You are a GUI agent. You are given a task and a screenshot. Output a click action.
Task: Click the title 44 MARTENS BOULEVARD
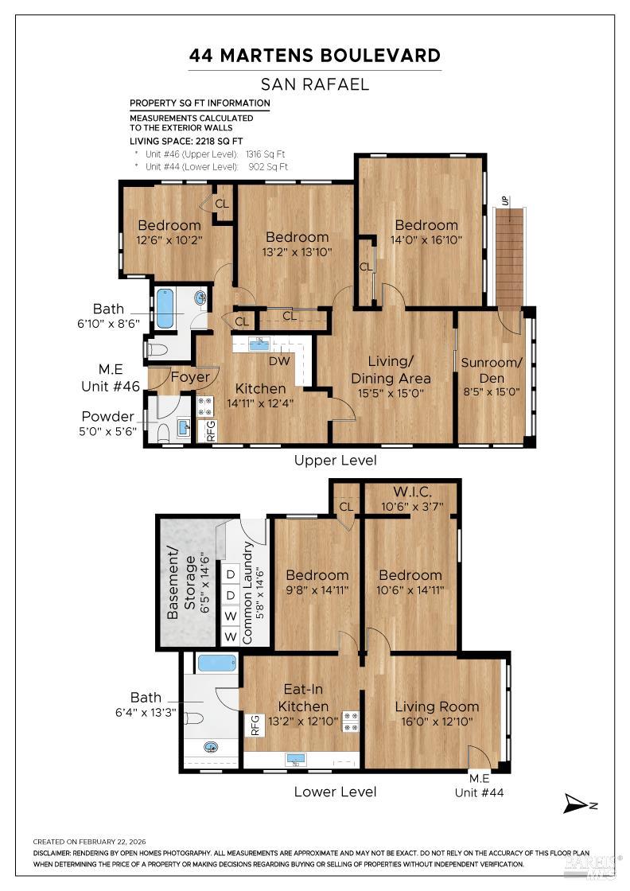pos(315,56)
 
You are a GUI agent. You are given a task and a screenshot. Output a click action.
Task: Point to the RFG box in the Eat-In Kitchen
pos(255,724)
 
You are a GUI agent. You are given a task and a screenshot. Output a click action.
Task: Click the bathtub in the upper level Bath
pos(165,309)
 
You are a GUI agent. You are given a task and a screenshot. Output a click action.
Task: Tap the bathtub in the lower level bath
pos(216,663)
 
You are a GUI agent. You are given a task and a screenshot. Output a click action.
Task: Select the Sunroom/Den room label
pos(492,370)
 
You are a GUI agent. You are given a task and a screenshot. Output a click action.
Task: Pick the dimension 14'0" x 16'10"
pos(426,239)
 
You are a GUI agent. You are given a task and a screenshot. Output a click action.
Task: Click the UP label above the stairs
pos(504,202)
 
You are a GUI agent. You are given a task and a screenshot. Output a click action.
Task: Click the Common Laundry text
pos(247,592)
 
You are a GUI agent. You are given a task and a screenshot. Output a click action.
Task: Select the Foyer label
pos(190,377)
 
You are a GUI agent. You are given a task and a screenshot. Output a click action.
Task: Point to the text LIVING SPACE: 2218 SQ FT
pos(187,141)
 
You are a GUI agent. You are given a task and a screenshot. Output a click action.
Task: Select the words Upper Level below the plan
pos(335,460)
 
